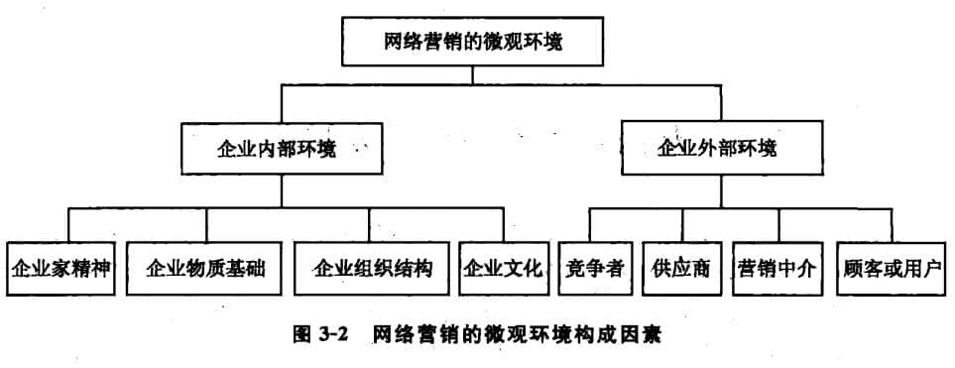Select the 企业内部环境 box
(x=279, y=150)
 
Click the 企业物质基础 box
(x=206, y=268)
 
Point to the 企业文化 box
(x=504, y=268)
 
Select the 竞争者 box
(x=593, y=268)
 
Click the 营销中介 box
(x=778, y=268)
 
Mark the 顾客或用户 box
(x=890, y=268)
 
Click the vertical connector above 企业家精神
(x=67, y=224)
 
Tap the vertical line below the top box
(x=478, y=76)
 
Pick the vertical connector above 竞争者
(x=592, y=224)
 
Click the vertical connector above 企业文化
(x=503, y=224)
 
